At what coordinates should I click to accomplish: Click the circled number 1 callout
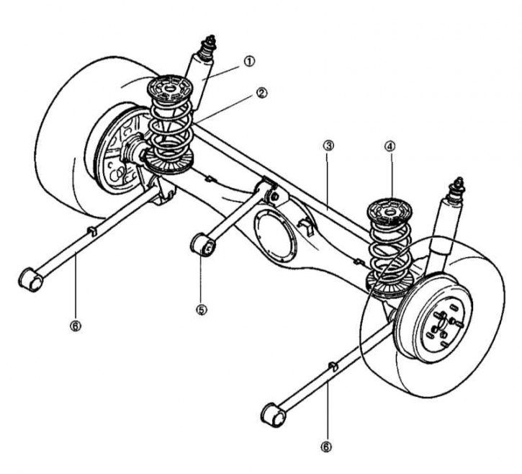[x=249, y=61]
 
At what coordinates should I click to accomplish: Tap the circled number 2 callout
[x=261, y=93]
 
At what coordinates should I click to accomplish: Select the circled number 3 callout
[x=328, y=146]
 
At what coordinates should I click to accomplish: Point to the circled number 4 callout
[x=390, y=146]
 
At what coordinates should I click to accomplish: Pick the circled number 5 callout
[x=201, y=310]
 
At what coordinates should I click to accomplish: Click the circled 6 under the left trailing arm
[x=75, y=326]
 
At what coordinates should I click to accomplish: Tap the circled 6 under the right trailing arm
[x=326, y=447]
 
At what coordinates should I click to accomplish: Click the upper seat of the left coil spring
[x=170, y=89]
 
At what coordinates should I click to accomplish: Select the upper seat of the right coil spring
[x=389, y=211]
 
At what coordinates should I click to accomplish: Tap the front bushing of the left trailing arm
[x=30, y=279]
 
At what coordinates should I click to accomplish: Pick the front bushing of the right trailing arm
[x=274, y=414]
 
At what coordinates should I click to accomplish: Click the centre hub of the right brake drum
[x=441, y=325]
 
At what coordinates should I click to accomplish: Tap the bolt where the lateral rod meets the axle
[x=275, y=196]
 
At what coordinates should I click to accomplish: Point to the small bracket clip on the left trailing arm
[x=92, y=231]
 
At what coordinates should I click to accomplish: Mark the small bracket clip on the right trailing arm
[x=333, y=367]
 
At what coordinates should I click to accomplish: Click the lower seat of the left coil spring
[x=170, y=161]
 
